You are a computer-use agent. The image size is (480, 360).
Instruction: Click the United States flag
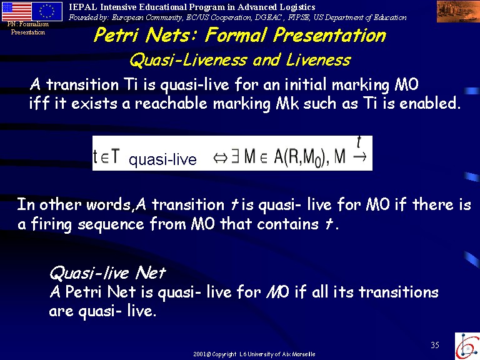click(x=17, y=11)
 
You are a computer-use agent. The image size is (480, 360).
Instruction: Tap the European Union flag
click(x=47, y=11)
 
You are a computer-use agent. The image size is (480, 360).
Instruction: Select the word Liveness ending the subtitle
click(x=318, y=59)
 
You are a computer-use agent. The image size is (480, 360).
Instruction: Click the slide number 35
click(x=435, y=345)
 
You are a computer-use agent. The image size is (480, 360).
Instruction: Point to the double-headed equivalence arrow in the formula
click(x=220, y=158)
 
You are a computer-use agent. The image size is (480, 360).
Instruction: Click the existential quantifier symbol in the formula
click(x=235, y=156)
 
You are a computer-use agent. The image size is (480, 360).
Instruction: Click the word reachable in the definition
click(x=171, y=103)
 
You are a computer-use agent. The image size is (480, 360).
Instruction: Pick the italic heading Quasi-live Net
click(x=107, y=272)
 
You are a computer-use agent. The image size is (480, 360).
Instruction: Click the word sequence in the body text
click(x=111, y=225)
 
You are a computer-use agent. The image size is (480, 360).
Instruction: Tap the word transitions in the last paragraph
click(x=399, y=292)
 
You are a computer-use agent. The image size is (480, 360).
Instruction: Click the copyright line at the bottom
click(x=254, y=354)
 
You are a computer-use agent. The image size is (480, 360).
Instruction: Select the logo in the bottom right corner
click(x=467, y=346)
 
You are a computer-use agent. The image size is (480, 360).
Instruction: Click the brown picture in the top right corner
click(x=458, y=11)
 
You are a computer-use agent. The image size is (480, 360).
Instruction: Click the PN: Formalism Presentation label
click(x=28, y=28)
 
